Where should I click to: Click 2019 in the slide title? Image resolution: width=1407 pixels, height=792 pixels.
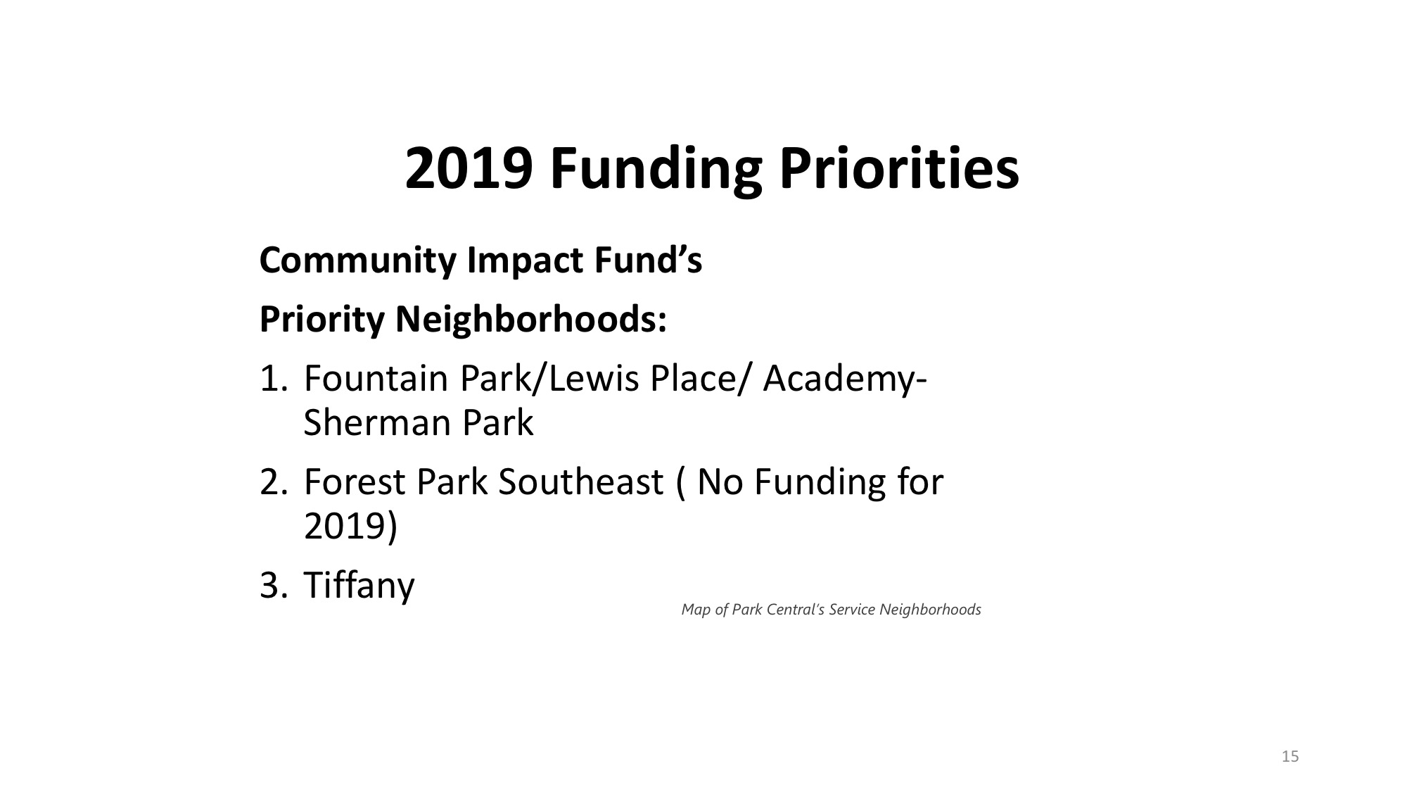[468, 169]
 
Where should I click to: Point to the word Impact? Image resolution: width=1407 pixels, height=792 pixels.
[526, 261]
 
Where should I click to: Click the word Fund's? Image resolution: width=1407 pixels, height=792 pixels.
[649, 260]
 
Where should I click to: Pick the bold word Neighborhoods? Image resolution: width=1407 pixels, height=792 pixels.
[530, 320]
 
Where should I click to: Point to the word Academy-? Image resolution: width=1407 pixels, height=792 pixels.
[845, 380]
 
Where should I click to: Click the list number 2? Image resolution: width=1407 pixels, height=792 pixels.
[273, 482]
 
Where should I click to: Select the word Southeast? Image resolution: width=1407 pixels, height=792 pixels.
[580, 482]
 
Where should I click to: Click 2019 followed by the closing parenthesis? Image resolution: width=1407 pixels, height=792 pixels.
[350, 527]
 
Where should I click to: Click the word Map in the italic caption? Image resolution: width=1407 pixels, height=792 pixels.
[696, 610]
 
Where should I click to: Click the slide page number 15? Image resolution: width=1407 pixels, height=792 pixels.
[1290, 757]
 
